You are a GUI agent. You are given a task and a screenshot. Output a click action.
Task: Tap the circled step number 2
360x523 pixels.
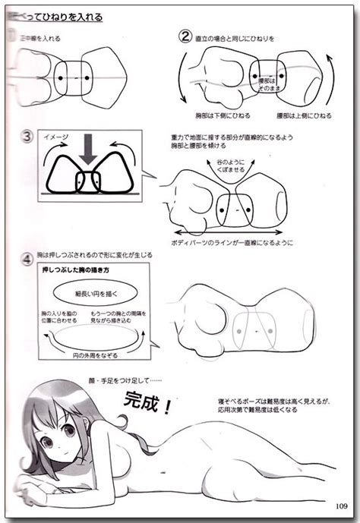(184, 36)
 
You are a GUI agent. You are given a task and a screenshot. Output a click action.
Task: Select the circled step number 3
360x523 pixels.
(27, 138)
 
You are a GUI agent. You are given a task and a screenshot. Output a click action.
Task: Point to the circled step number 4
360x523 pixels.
(27, 258)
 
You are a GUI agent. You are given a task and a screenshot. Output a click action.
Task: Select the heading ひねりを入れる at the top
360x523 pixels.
(76, 17)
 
